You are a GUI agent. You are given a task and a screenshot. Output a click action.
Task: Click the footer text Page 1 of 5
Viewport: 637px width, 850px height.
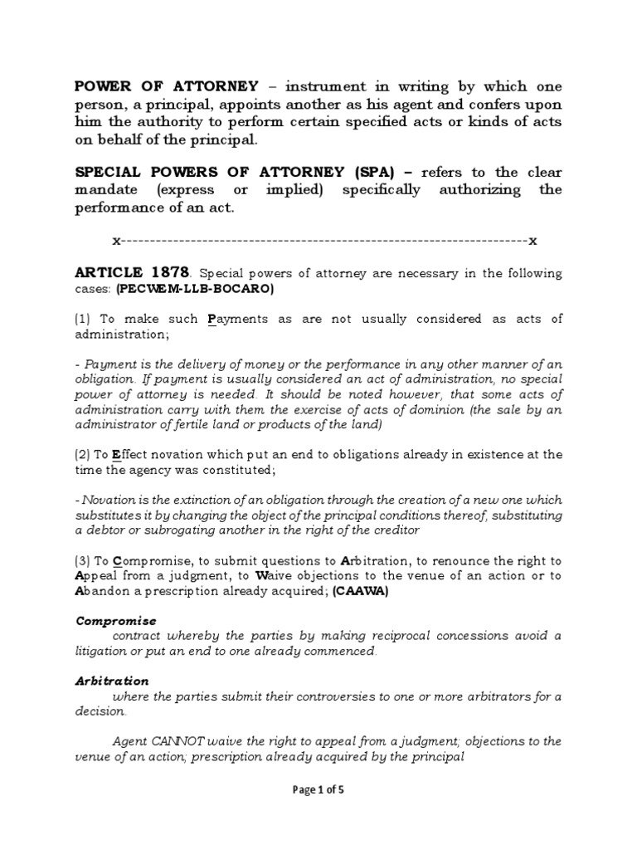click(x=318, y=790)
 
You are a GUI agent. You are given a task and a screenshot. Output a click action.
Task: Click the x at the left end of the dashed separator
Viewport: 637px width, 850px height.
click(x=116, y=241)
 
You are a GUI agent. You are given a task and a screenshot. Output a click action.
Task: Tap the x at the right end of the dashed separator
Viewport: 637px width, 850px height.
click(x=532, y=241)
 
